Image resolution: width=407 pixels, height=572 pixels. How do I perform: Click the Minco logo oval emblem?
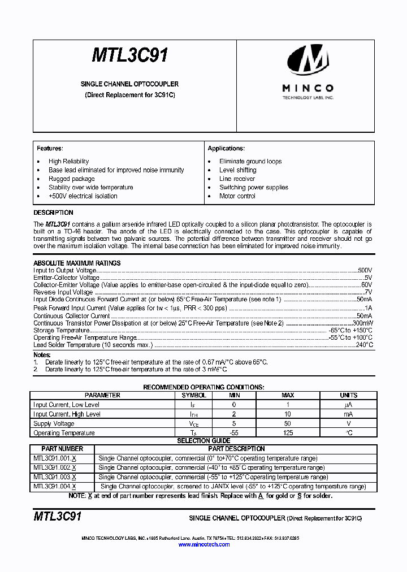(308, 60)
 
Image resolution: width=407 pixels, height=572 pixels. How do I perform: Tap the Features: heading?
(50, 148)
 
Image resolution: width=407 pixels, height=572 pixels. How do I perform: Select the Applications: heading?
(226, 148)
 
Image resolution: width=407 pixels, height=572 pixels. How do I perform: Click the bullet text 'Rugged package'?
(71, 179)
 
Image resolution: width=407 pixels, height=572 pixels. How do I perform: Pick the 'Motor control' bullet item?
(237, 196)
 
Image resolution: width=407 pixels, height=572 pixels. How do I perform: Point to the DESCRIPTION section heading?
(53, 213)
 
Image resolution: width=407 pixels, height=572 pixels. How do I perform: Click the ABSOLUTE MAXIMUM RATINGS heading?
(77, 263)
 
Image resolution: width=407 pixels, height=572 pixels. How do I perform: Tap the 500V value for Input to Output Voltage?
(365, 271)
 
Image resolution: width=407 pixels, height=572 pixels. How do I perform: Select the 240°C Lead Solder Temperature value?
(364, 344)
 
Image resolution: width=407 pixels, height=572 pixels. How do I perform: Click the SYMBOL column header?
(194, 395)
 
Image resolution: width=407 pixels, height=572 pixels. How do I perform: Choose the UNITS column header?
(349, 395)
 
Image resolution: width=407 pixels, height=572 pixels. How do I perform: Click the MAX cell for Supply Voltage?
(288, 423)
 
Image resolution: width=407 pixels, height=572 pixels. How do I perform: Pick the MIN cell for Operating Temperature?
(235, 433)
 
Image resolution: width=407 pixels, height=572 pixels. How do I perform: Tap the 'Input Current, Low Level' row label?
(66, 405)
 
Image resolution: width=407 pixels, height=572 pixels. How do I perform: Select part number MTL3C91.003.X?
(55, 477)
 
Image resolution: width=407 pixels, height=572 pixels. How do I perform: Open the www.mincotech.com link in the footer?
(204, 544)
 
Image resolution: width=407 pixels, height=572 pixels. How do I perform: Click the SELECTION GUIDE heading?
(203, 441)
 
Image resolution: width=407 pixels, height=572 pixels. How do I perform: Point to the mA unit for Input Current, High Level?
(349, 414)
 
